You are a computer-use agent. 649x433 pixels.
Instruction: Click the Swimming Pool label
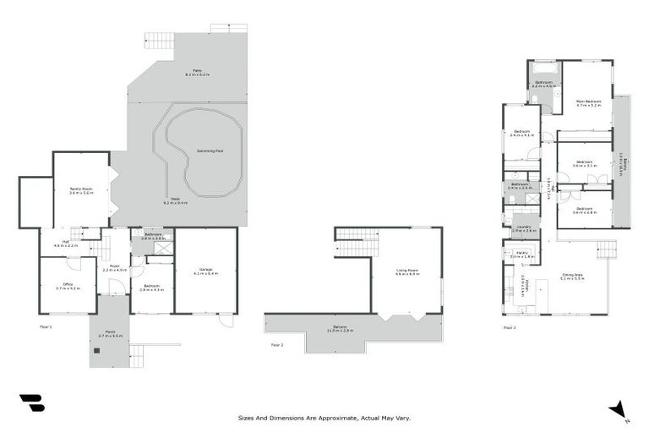coord(210,151)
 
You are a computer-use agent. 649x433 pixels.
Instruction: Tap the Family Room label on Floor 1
coord(81,190)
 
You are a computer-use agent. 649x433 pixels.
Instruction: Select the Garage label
coord(205,271)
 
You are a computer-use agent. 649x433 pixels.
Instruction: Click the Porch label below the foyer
coord(111,333)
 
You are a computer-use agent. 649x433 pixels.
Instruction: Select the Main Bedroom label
coord(588,103)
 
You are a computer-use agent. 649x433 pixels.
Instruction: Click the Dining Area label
coord(573,277)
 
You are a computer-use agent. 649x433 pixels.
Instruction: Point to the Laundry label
coord(525,227)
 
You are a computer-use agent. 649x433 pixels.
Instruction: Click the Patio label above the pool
coord(199,73)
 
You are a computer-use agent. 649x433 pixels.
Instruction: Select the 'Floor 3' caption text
coord(510,326)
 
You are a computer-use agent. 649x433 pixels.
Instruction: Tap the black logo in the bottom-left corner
coord(32,403)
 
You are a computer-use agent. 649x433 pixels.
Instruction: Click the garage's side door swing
coord(223,321)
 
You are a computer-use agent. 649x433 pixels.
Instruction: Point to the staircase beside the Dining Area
coord(606,249)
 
